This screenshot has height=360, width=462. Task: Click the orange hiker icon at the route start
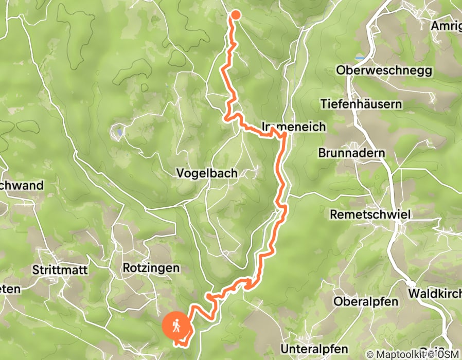point(175,326)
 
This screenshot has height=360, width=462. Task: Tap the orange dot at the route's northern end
point(235,14)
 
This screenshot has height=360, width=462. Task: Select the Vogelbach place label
point(207,173)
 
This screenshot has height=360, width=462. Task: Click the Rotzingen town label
point(151,268)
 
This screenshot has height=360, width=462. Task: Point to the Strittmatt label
point(60,269)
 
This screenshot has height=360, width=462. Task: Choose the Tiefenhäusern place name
point(361,104)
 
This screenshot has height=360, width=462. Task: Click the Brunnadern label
point(352,153)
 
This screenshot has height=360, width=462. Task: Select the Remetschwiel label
point(370,214)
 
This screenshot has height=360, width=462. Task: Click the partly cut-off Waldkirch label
point(435,293)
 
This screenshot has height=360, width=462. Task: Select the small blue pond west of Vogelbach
point(119,133)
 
